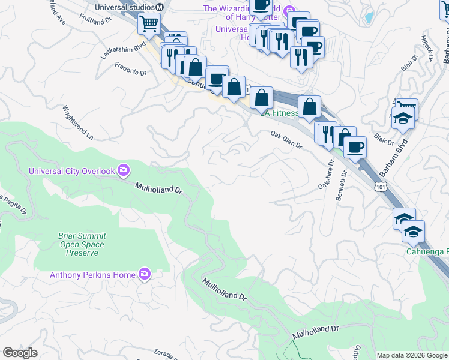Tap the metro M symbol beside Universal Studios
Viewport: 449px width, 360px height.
click(x=160, y=7)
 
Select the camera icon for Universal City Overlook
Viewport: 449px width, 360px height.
click(x=124, y=171)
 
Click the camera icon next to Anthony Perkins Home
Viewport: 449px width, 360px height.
click(x=144, y=275)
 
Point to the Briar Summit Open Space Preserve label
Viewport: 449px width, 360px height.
click(x=82, y=244)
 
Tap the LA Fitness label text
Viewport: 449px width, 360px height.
click(x=280, y=113)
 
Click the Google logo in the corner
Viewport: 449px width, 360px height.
click(x=20, y=353)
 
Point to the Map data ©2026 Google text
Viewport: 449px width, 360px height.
click(x=412, y=355)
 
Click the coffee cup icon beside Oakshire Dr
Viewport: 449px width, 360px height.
click(x=354, y=148)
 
